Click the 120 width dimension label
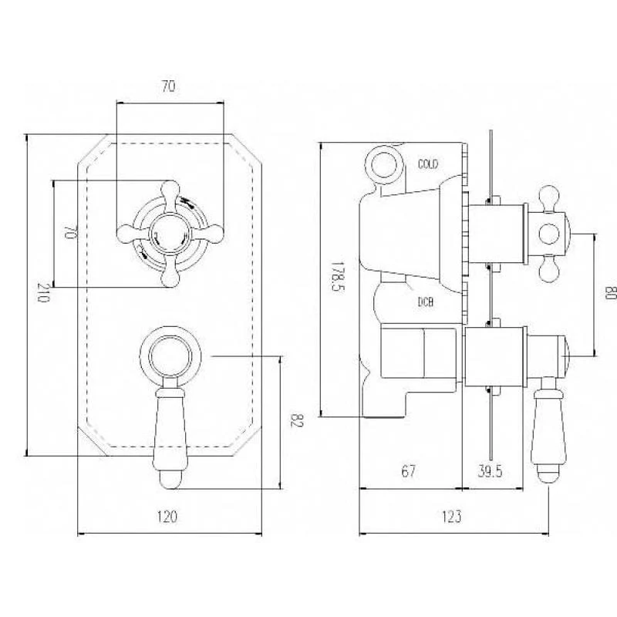coord(167,517)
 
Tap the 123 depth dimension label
coord(451,517)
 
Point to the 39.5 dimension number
coord(490,471)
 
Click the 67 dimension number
coord(408,471)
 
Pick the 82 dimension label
coord(296,420)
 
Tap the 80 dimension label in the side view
coord(609,293)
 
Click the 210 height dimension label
coord(44,292)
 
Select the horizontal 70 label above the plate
coord(168,86)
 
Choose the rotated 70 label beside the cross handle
coord(69,232)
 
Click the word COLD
coord(428,164)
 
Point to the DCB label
coord(426,302)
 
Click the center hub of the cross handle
coord(170,234)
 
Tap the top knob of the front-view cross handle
coord(170,191)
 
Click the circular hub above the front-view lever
coord(170,356)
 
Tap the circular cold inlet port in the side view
coord(384,165)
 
